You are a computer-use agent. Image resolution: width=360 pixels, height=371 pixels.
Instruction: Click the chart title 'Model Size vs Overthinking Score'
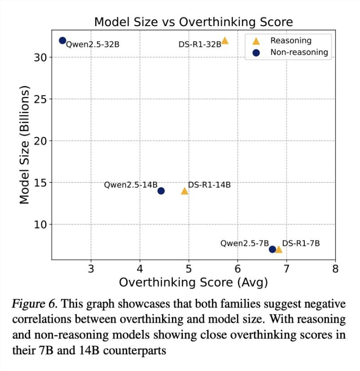pyautogui.click(x=193, y=22)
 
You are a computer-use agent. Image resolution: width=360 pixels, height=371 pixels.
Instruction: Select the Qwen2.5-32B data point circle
pyautogui.click(x=63, y=40)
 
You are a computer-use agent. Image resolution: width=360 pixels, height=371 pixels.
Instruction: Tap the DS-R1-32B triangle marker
pyautogui.click(x=225, y=40)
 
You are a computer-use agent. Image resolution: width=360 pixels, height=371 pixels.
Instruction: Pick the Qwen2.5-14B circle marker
pyautogui.click(x=161, y=191)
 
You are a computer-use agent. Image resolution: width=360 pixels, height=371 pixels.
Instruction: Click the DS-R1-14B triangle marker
pyautogui.click(x=185, y=191)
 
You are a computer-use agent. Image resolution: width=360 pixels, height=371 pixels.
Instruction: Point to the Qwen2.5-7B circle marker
pyautogui.click(x=272, y=249)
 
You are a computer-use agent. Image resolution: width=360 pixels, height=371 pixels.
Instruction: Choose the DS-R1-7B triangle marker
pyautogui.click(x=279, y=249)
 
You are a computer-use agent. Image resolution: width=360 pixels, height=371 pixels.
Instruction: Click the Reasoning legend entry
pyautogui.click(x=291, y=41)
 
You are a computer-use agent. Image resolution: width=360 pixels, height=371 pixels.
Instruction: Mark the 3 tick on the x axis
pyautogui.click(x=91, y=269)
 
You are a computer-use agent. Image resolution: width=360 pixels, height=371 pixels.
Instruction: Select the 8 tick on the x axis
pyautogui.click(x=335, y=269)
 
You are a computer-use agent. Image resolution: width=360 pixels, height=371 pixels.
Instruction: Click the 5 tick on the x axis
pyautogui.click(x=189, y=269)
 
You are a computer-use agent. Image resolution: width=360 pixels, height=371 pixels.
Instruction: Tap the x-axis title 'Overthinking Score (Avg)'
pyautogui.click(x=193, y=282)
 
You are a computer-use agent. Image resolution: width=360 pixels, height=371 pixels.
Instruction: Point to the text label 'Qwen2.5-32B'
pyautogui.click(x=93, y=45)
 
